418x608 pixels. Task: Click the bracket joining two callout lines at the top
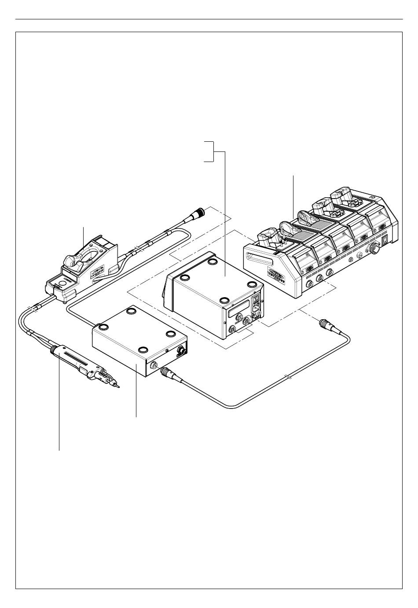[213, 152]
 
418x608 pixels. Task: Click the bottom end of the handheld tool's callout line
[59, 450]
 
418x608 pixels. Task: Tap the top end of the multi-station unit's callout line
[293, 176]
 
